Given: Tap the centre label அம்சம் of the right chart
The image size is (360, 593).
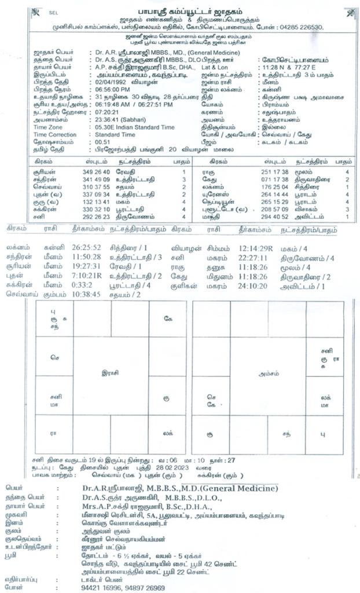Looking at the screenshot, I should point(266,374).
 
